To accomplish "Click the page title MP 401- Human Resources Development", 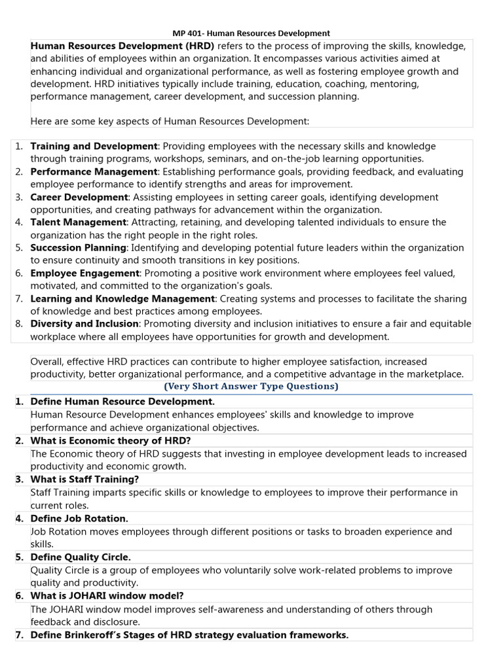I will pyautogui.click(x=251, y=33).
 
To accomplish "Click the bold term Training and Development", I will pyautogui.click(x=94, y=146).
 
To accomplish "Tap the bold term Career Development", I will pyautogui.click(x=79, y=197).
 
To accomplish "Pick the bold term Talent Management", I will pyautogui.click(x=79, y=222).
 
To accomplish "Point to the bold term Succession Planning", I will pyautogui.click(x=78, y=248).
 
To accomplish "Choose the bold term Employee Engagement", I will pyautogui.click(x=85, y=273).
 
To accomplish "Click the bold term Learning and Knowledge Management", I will pyautogui.click(x=122, y=298).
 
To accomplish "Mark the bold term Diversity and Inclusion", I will pyautogui.click(x=84, y=324).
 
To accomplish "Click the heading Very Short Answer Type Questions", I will pyautogui.click(x=251, y=387).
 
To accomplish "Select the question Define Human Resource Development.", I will pyautogui.click(x=122, y=401).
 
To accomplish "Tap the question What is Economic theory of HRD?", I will pyautogui.click(x=111, y=440).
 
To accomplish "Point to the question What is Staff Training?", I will pyautogui.click(x=84, y=479).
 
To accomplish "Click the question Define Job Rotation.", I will pyautogui.click(x=79, y=518).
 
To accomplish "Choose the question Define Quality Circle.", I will pyautogui.click(x=81, y=557).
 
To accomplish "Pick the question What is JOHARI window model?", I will pyautogui.click(x=107, y=595).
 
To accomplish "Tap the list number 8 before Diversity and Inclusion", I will pyautogui.click(x=19, y=324).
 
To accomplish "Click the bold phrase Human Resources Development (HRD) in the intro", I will pyautogui.click(x=122, y=46).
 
